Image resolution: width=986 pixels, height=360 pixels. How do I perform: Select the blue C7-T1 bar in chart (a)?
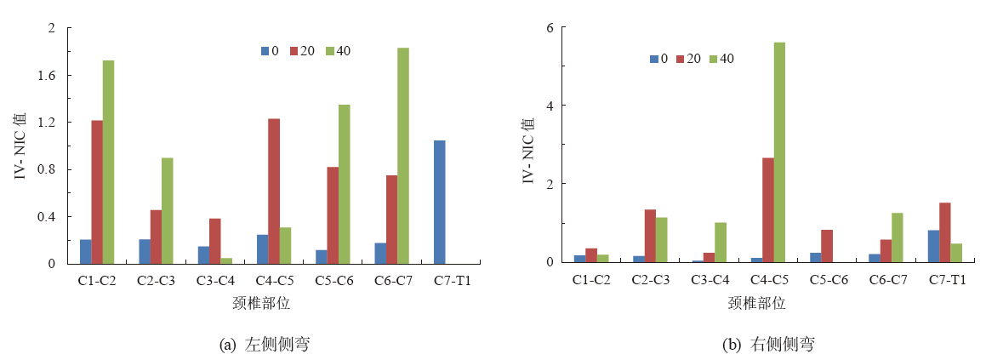click(x=439, y=202)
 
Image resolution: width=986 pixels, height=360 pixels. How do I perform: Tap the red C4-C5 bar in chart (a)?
click(x=274, y=191)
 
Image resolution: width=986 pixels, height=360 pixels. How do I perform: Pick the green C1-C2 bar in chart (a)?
click(x=109, y=162)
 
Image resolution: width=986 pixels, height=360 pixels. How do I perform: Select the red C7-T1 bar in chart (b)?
click(x=944, y=231)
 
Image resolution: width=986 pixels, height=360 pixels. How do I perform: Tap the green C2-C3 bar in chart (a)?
click(x=168, y=210)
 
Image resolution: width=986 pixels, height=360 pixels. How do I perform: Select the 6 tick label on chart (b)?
click(x=550, y=27)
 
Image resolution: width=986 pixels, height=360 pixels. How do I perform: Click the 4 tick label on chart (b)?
click(x=550, y=106)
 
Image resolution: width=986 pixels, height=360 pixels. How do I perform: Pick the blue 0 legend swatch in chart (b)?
click(x=654, y=59)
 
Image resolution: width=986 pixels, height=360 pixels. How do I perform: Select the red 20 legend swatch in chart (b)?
click(x=681, y=59)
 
